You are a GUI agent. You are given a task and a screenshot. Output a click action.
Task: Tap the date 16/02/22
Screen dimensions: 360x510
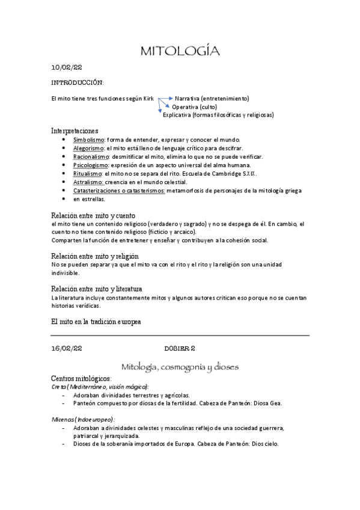67,348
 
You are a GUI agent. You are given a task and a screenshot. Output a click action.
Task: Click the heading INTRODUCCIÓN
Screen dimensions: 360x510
77,82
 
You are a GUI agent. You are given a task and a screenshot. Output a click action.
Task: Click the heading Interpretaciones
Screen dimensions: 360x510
75,130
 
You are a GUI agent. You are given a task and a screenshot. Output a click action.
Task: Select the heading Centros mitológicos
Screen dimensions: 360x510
81,379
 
